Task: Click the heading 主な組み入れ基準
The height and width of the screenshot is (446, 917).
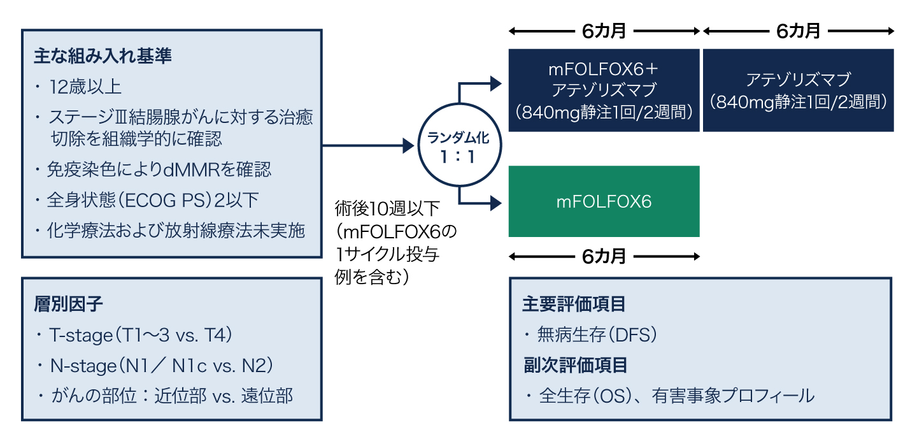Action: pyautogui.click(x=103, y=56)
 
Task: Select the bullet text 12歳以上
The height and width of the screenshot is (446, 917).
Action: pyautogui.click(x=85, y=87)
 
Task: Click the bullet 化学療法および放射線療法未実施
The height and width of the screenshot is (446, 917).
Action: pyautogui.click(x=176, y=231)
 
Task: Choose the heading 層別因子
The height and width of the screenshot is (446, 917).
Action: pyautogui.click(x=68, y=305)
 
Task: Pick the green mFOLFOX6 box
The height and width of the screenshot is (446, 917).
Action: pyautogui.click(x=604, y=202)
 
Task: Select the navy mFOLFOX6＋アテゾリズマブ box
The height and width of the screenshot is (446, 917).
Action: pyautogui.click(x=604, y=90)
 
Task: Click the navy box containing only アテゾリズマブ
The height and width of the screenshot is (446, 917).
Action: pyautogui.click(x=798, y=90)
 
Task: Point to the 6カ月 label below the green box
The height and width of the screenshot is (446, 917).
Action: pyautogui.click(x=604, y=257)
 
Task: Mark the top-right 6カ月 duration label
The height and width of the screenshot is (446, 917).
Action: pyautogui.click(x=798, y=31)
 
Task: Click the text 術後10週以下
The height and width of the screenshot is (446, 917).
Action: pyautogui.click(x=387, y=209)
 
